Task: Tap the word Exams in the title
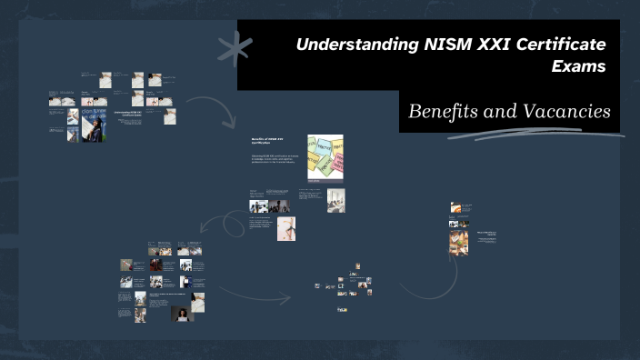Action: pos(579,65)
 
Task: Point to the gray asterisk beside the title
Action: pos(236,48)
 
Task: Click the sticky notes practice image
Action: pos(325,157)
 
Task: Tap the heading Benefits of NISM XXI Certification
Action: pos(268,142)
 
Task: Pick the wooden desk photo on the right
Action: pos(458,242)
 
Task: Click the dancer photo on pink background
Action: pos(286,228)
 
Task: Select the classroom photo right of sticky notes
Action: pos(335,200)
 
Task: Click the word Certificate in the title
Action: pos(564,45)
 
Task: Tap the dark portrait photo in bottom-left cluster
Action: pos(183,312)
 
